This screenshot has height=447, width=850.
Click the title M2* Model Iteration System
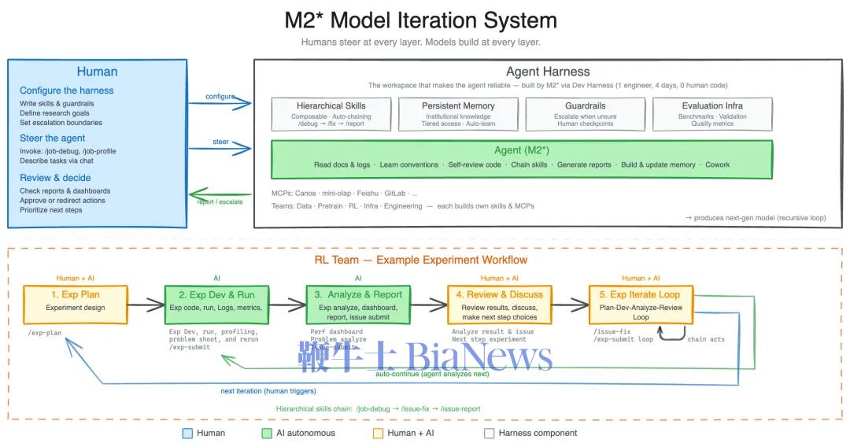point(420,20)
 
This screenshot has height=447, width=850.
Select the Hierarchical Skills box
point(331,114)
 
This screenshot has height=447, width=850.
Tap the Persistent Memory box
point(458,114)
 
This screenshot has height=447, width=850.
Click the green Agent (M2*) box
point(521,158)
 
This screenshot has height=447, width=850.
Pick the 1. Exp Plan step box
point(76,304)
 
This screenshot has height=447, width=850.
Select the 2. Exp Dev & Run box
point(217,304)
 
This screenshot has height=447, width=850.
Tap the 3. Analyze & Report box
point(358,304)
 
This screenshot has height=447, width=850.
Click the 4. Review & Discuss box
point(500,304)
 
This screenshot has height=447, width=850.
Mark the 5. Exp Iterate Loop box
point(641,304)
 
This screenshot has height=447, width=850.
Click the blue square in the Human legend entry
point(187,433)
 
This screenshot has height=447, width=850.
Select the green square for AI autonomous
point(268,433)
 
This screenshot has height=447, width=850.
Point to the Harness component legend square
point(490,433)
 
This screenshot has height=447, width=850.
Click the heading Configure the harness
point(67,91)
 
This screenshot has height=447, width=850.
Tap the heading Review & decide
point(55,178)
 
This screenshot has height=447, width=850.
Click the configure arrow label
point(220,97)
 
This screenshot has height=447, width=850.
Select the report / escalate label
point(220,202)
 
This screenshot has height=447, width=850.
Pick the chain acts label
point(706,339)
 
